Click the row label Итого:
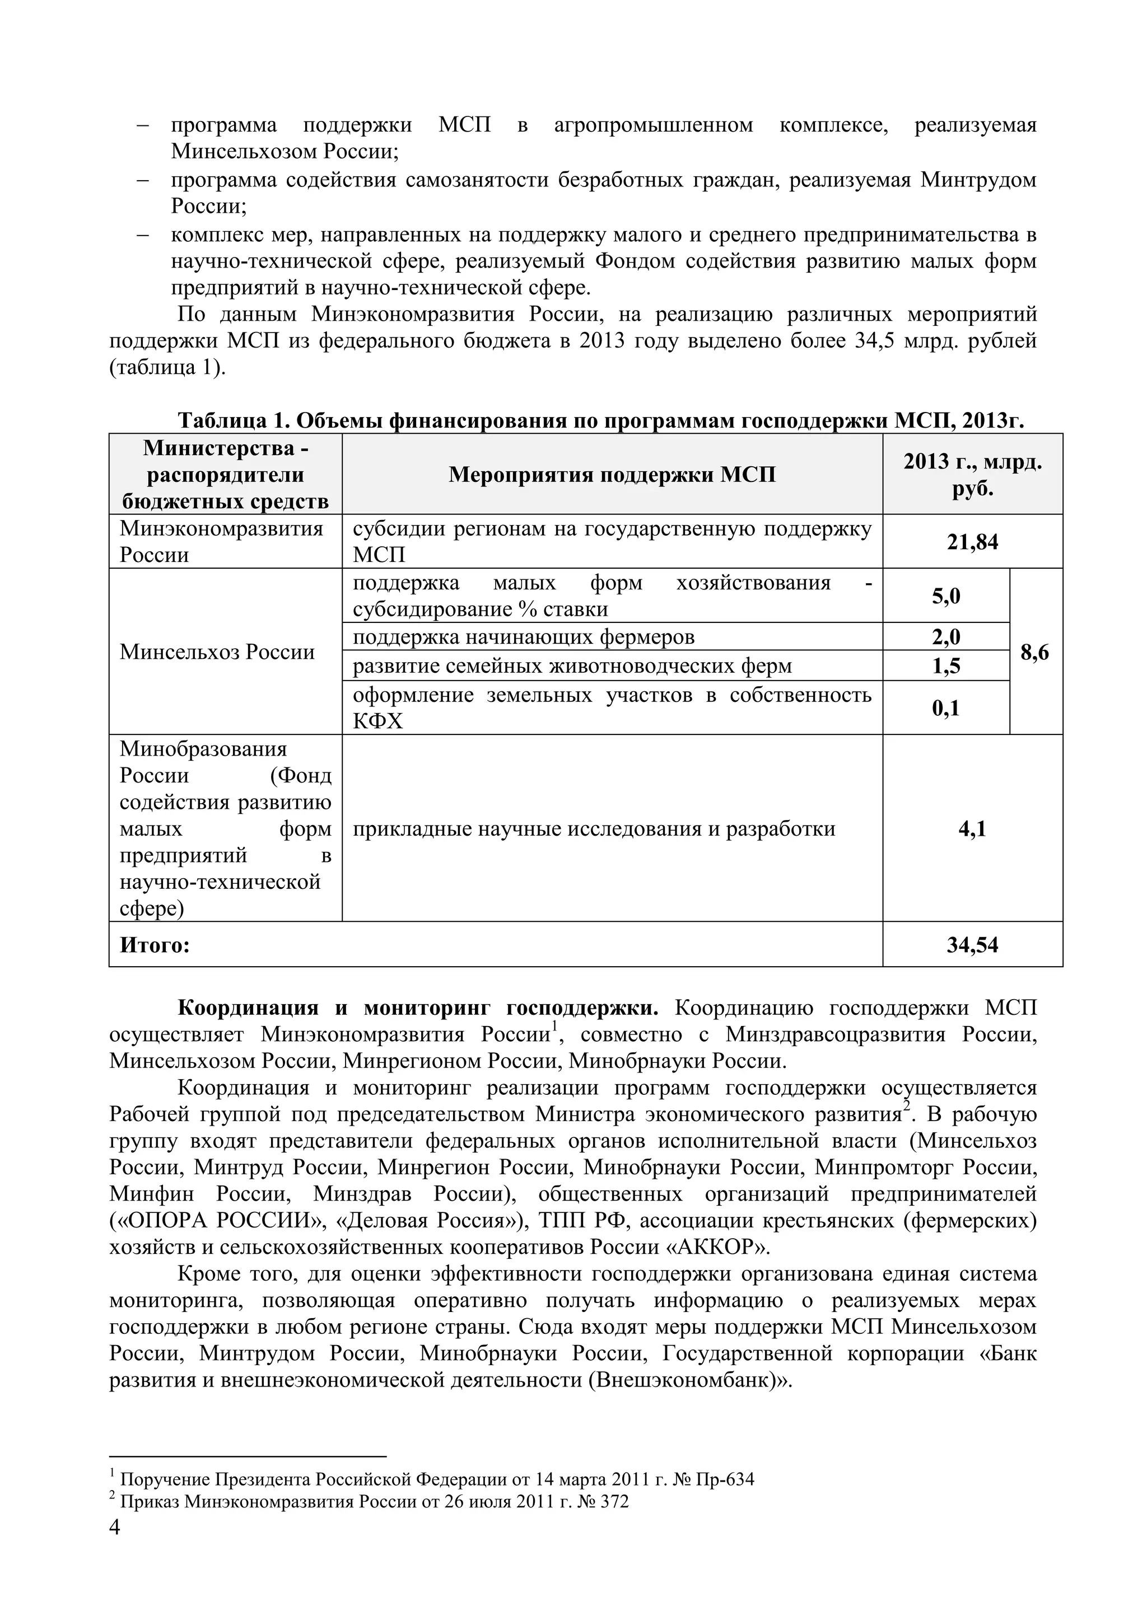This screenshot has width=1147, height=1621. [x=155, y=945]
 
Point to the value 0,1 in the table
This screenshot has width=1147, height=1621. [x=946, y=708]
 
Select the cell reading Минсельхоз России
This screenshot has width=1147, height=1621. [x=217, y=652]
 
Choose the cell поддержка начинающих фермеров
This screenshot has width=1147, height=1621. [x=523, y=637]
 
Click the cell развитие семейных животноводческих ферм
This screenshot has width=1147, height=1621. [x=572, y=666]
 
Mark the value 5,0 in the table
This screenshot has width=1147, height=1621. [x=946, y=596]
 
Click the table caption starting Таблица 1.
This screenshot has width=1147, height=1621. [x=600, y=421]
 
